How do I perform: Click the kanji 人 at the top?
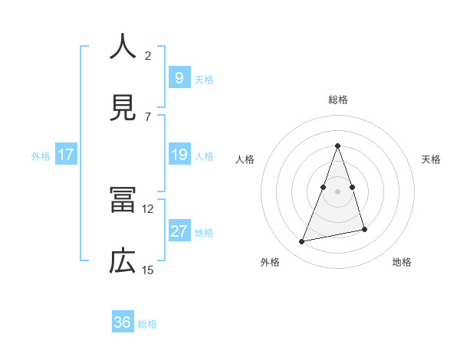(123, 47)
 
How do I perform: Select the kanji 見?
(123, 108)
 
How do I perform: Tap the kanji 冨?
(123, 201)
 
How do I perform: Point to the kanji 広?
(123, 262)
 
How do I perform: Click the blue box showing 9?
(179, 77)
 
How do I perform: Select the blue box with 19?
(179, 155)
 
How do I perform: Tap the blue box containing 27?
(179, 231)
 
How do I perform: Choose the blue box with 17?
(66, 155)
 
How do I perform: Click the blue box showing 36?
(123, 322)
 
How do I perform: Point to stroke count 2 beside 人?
(148, 55)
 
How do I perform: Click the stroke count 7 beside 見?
(148, 116)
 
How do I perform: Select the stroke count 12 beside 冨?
(148, 208)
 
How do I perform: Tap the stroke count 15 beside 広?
(148, 270)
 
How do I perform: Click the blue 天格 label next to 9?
(204, 79)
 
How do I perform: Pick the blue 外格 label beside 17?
(41, 155)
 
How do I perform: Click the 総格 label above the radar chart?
(338, 100)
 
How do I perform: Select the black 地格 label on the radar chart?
(402, 263)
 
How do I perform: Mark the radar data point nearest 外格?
(302, 242)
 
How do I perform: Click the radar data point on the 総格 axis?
(338, 146)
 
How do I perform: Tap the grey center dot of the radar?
(338, 191)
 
